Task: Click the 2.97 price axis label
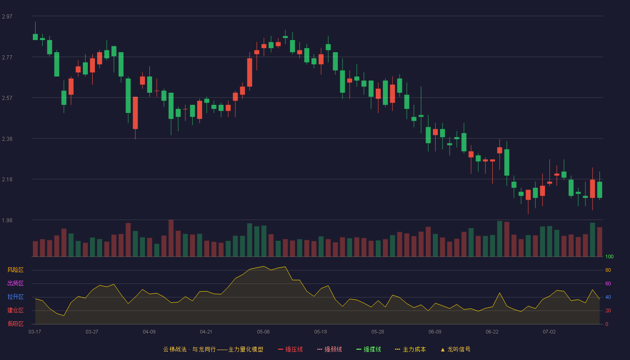(x=7, y=17)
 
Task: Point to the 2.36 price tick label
(x=7, y=139)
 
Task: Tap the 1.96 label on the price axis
(x=7, y=220)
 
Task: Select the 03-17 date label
(x=35, y=332)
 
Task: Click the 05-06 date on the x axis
(x=263, y=332)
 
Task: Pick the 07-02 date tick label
(x=549, y=332)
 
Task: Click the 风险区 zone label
(x=15, y=270)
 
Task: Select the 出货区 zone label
(x=15, y=283)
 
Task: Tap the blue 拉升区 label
(x=15, y=297)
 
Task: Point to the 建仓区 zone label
(x=15, y=310)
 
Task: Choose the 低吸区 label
(x=15, y=324)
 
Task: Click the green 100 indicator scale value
(x=609, y=256)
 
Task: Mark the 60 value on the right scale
(x=608, y=283)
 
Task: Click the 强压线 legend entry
(x=290, y=349)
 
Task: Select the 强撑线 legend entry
(x=369, y=349)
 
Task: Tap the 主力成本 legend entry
(x=410, y=349)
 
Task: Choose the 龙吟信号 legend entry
(x=455, y=349)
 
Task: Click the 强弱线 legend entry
(x=329, y=349)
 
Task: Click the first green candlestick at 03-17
(x=35, y=37)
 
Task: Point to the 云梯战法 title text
(x=175, y=349)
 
